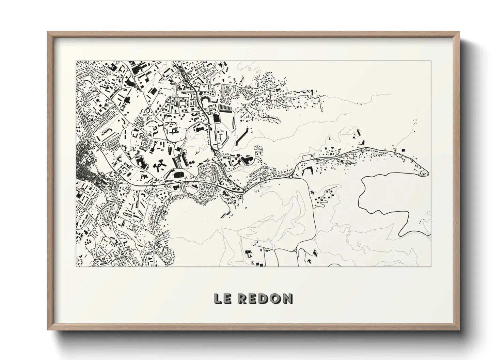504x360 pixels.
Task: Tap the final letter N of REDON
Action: click(287, 298)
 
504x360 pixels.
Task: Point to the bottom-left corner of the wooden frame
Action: click(48, 329)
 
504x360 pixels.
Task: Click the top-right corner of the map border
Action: click(431, 61)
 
